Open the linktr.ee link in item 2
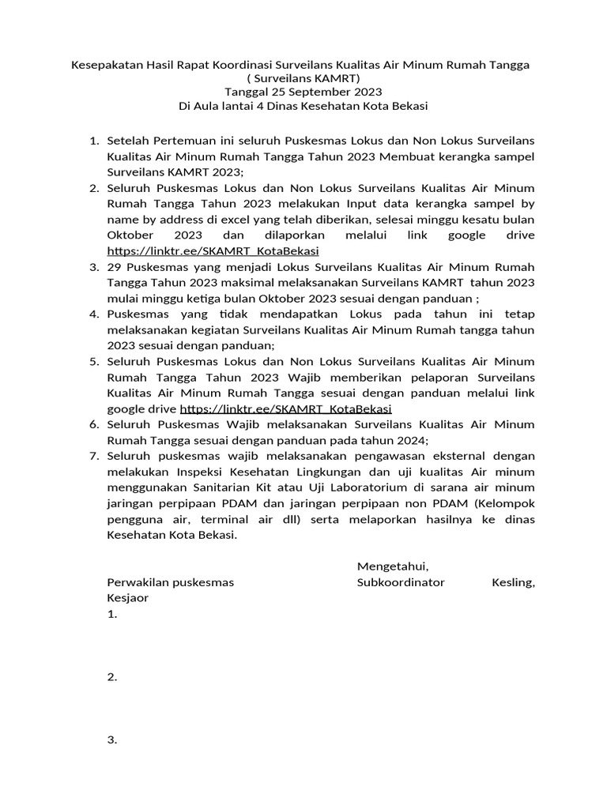point(213,251)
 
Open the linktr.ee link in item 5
point(286,408)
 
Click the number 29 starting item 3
point(115,267)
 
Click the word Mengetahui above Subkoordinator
point(393,566)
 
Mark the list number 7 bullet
point(93,457)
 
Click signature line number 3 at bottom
point(111,740)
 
